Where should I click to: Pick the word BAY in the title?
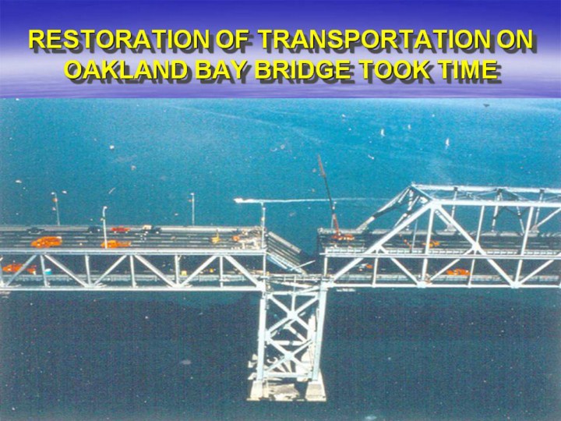pos(221,69)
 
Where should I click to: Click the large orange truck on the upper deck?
pos(47,242)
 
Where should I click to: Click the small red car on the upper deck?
pos(120,229)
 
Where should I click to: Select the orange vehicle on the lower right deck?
pos(458,272)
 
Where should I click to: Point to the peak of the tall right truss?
pos(413,186)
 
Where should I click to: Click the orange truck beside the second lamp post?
pos(115,244)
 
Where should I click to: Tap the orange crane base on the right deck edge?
pos(343,237)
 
